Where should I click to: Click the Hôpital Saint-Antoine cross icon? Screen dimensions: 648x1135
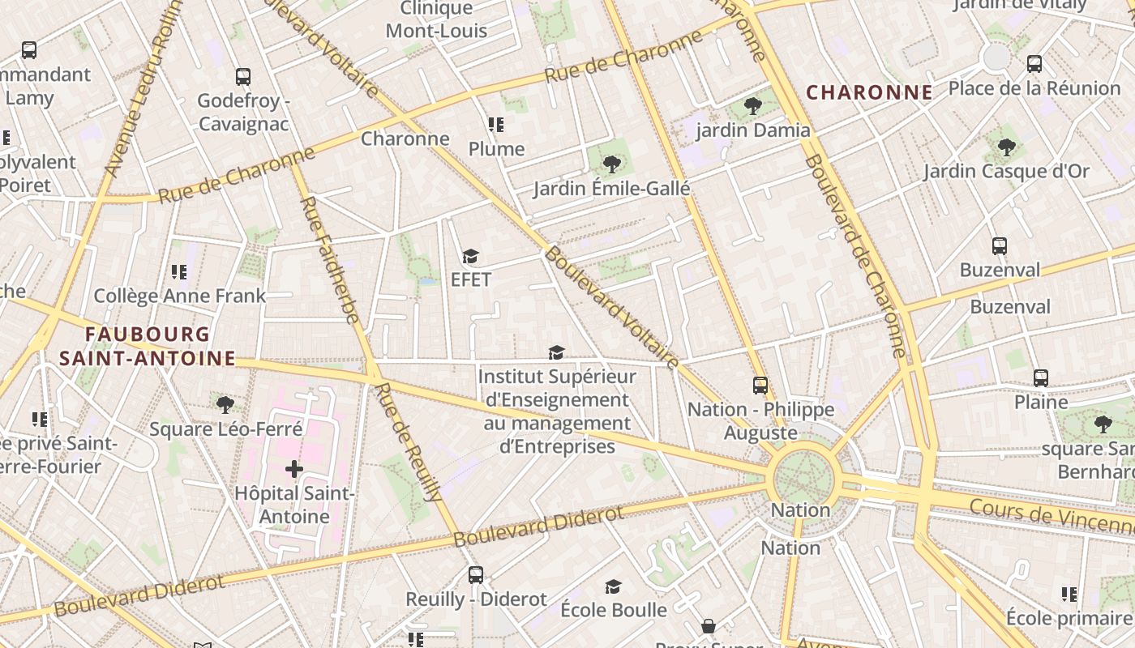(294, 469)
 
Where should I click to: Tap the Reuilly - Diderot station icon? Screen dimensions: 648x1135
(476, 575)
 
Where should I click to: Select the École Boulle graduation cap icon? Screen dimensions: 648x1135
(614, 586)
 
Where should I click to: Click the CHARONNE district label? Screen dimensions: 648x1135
(869, 92)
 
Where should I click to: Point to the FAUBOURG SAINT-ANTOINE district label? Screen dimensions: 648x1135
(148, 346)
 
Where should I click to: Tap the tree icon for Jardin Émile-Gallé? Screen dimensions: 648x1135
(612, 164)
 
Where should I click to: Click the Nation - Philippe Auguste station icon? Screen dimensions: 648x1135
(760, 386)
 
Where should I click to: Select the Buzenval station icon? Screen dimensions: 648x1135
(1000, 246)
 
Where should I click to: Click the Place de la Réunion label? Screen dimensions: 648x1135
(1034, 87)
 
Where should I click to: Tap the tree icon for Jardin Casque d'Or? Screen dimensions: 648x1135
(1006, 147)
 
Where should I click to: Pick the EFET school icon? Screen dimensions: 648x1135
(470, 257)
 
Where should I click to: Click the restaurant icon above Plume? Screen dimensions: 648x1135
(496, 125)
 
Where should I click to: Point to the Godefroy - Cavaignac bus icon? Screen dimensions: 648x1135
(243, 77)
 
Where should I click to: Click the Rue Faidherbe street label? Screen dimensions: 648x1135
(330, 259)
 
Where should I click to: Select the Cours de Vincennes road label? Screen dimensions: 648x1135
(1051, 514)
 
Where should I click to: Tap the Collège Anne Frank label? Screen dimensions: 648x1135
(179, 296)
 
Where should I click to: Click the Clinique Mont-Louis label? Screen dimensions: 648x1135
(436, 19)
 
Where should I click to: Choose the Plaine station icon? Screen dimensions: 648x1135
(1041, 377)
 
